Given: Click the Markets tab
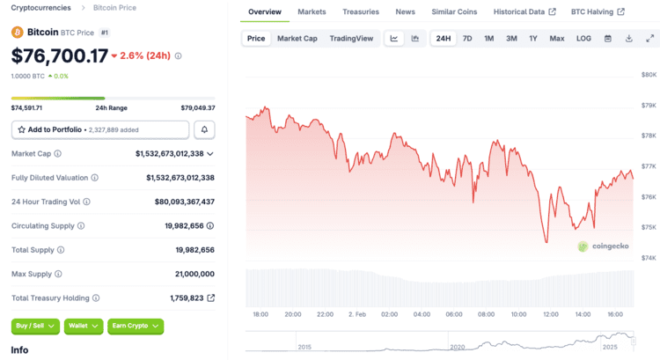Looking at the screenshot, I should point(312,12).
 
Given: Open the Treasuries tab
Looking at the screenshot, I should point(361,12).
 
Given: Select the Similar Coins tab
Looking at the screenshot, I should point(454,12).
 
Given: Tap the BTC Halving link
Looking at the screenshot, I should point(598,12).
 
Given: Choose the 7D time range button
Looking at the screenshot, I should point(467,39).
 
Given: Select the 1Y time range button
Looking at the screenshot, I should point(533,39).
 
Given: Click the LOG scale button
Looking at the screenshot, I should point(583,39).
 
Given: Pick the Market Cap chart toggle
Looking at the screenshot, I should point(297,39).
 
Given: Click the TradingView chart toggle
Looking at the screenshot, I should point(351,39).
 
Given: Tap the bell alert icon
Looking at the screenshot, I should point(204,129).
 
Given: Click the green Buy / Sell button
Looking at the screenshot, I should point(35,326).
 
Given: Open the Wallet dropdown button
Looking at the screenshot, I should point(84,326).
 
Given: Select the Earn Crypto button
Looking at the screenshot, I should point(136,326).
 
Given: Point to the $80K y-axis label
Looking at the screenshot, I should point(648,75).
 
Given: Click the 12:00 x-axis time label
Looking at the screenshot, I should point(551,314).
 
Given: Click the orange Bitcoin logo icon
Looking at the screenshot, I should point(17,32).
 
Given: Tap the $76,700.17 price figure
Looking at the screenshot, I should point(60,55).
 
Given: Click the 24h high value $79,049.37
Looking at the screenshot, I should point(197,107).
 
